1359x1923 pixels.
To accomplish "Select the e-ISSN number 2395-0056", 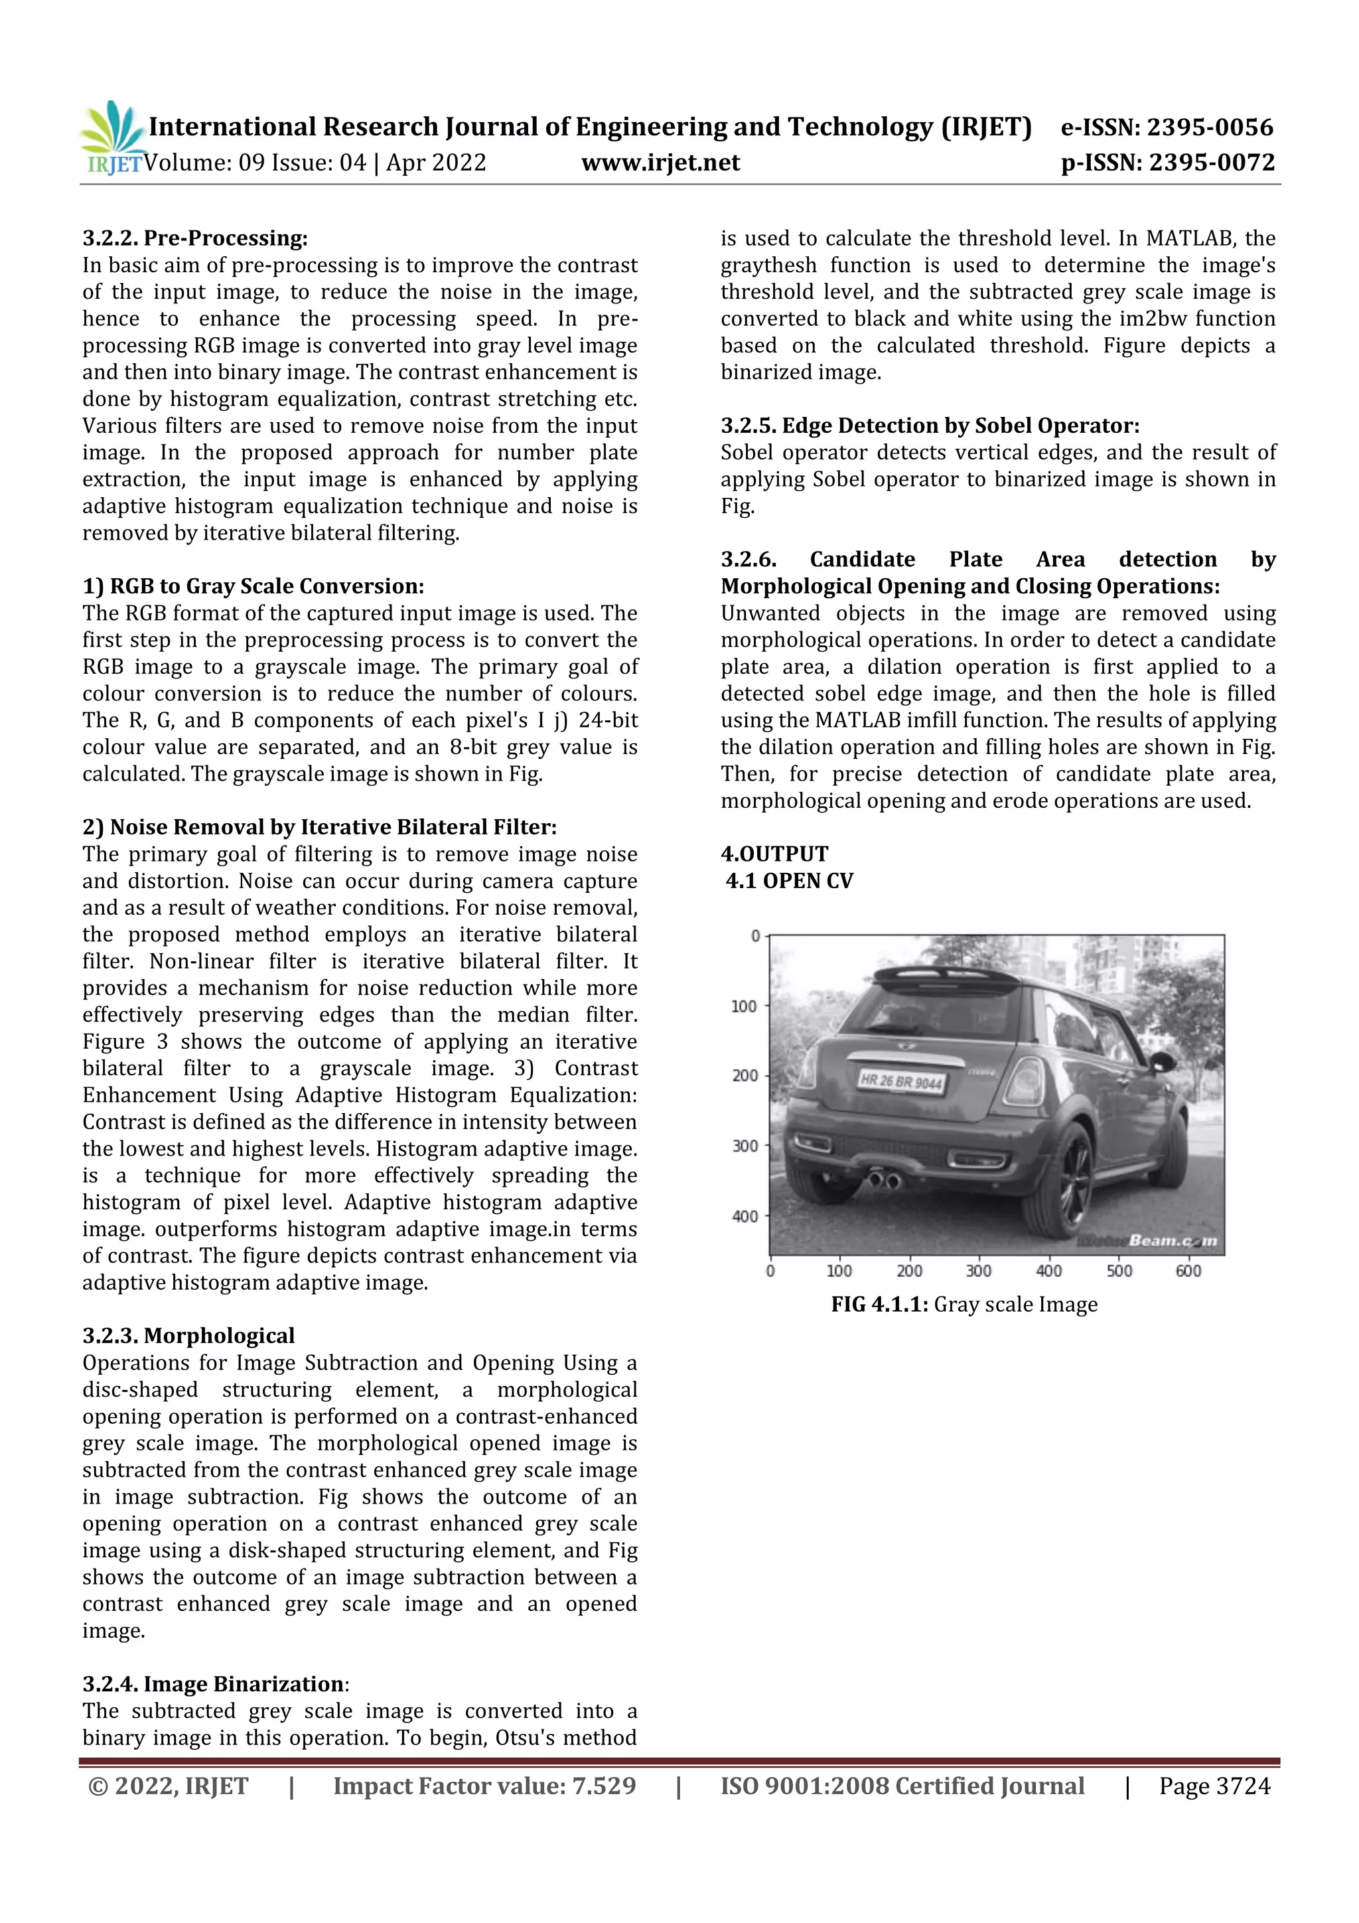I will pyautogui.click(x=1209, y=127).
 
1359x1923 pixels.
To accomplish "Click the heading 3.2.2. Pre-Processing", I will pyautogui.click(x=195, y=238).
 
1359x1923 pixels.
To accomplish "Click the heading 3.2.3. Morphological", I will pyautogui.click(x=188, y=1336).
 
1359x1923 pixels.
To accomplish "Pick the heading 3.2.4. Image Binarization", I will pyautogui.click(x=214, y=1683).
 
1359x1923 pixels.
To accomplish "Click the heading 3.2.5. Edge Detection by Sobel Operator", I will pyautogui.click(x=930, y=425).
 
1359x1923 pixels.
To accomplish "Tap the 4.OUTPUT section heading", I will pyautogui.click(x=774, y=854).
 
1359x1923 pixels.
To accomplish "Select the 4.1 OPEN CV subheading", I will pyautogui.click(x=789, y=881).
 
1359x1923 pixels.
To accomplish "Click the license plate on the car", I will pyautogui.click(x=901, y=1081).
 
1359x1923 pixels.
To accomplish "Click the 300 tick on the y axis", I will pyautogui.click(x=745, y=1146).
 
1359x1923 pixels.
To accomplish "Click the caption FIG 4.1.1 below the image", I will pyautogui.click(x=964, y=1305).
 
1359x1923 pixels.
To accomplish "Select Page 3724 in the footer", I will pyautogui.click(x=1214, y=1786).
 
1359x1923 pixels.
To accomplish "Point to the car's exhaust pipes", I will pyautogui.click(x=883, y=1181).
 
